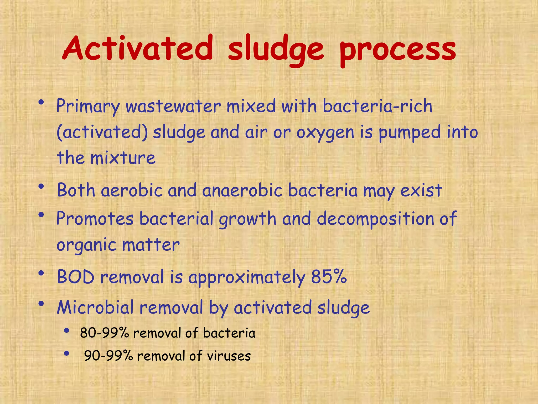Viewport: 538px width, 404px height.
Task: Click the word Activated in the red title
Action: pos(138,49)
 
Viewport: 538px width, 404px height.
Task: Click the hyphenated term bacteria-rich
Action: pos(377,106)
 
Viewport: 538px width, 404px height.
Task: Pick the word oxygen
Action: pos(325,133)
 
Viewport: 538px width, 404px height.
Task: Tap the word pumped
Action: pos(409,133)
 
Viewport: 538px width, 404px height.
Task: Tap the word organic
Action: pos(86,245)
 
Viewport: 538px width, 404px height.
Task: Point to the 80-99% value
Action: pos(104,333)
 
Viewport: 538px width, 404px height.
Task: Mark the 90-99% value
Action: pos(108,356)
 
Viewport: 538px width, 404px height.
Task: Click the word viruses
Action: pos(229,356)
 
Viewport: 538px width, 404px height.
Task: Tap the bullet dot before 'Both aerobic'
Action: pos(41,186)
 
